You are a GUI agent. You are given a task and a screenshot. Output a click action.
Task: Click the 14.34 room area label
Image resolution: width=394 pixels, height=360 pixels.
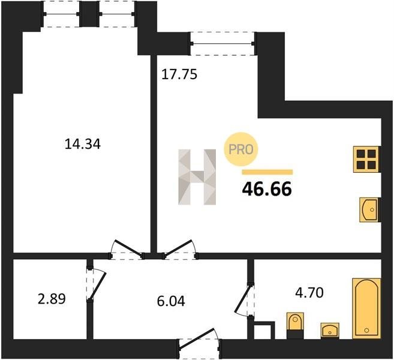(x=81, y=144)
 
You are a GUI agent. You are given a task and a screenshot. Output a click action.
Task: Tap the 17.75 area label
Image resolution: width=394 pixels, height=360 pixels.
(x=179, y=75)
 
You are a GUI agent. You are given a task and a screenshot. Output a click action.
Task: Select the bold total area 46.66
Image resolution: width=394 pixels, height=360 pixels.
(x=267, y=189)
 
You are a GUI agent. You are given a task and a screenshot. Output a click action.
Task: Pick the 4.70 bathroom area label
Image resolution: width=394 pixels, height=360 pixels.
(x=309, y=293)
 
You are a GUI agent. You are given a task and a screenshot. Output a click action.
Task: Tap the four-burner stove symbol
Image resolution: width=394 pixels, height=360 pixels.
(x=365, y=158)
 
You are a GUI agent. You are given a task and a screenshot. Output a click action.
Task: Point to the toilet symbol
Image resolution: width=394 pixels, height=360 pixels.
(x=294, y=324)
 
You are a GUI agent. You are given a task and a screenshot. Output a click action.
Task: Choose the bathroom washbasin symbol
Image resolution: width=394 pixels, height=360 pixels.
(x=330, y=329)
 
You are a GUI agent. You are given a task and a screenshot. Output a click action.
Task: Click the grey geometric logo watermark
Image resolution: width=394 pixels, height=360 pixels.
(x=197, y=177)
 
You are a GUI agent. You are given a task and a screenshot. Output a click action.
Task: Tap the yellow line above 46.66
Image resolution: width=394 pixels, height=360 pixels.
(x=267, y=172)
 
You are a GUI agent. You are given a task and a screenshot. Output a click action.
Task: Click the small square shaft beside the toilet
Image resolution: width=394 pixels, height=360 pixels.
(x=263, y=331)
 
